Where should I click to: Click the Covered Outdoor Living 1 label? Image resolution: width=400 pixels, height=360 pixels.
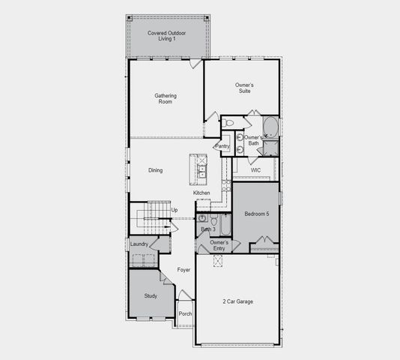167,35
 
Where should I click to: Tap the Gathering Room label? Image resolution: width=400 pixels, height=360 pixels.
166,98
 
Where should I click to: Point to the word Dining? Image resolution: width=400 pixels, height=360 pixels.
155,170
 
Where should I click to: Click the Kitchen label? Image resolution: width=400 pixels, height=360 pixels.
202,193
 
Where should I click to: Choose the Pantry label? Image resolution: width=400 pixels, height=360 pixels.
222,146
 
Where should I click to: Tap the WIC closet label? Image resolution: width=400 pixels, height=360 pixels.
255,170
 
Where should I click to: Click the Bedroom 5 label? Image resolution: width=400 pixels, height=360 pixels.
257,214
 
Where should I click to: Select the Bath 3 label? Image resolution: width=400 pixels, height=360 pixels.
207,229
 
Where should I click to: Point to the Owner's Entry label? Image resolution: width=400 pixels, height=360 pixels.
219,245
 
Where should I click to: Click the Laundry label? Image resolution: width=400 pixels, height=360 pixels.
139,244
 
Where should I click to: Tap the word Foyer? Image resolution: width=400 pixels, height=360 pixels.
184,269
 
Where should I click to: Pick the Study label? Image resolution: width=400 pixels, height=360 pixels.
151,296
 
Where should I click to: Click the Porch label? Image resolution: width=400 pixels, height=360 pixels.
185,313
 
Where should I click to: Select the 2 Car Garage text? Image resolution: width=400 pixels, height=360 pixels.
237,301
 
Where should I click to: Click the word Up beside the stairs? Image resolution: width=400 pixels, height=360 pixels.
175,210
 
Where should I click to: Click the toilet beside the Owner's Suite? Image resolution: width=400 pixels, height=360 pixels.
229,122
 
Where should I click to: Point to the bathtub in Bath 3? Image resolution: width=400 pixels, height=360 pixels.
224,222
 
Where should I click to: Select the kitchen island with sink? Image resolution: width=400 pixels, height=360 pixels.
199,169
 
